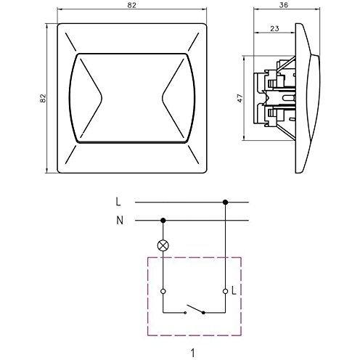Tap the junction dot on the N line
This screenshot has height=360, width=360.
163,221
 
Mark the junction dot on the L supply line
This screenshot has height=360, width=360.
226,203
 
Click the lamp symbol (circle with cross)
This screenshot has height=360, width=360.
163,246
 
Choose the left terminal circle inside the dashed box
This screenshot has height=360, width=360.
163,291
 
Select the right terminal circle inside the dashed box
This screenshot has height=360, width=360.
226,291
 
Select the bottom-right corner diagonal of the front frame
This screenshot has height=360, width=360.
195,160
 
